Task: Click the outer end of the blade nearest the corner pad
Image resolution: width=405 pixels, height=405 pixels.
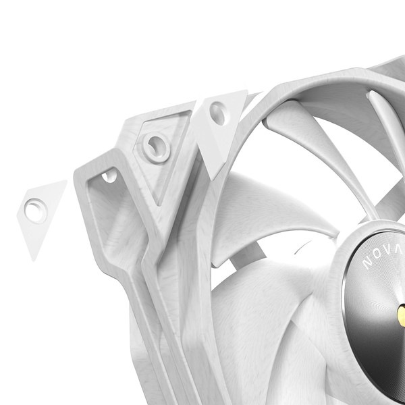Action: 273,122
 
